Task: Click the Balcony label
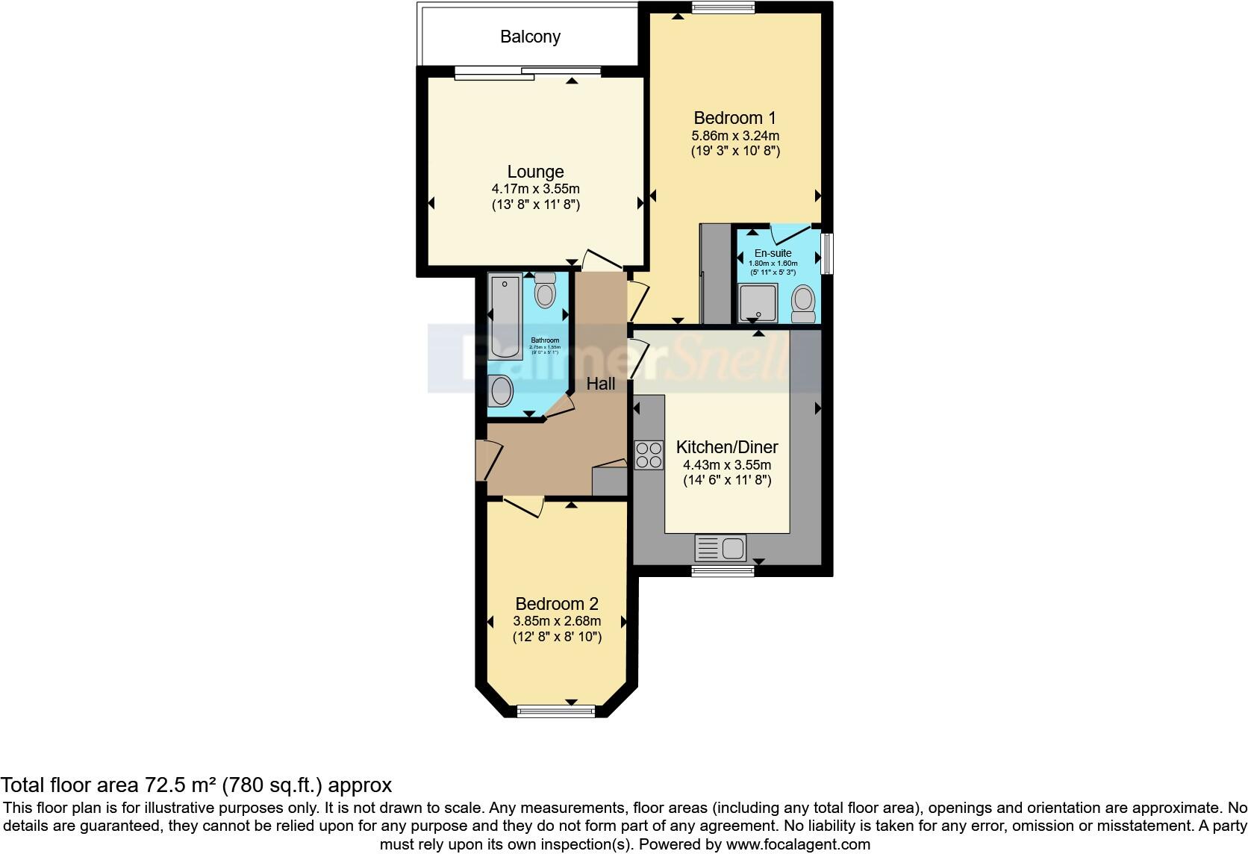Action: point(530,37)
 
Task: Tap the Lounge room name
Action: point(535,172)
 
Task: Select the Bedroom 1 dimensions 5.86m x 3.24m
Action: point(735,136)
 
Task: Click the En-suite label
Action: point(773,253)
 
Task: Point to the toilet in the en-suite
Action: point(804,302)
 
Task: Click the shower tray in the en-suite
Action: point(758,303)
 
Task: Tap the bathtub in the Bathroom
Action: point(505,317)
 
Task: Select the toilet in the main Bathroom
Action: point(546,291)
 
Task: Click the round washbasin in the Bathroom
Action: point(501,390)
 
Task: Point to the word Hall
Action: point(601,384)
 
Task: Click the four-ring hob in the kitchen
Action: point(649,455)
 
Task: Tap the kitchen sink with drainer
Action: point(720,548)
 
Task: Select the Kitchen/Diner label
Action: point(727,447)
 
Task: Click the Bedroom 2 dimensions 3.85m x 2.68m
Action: point(557,621)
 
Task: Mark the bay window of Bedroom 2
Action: point(556,711)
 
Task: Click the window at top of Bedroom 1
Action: point(723,8)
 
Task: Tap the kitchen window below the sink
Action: point(722,571)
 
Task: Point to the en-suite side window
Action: point(827,254)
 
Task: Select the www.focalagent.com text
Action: point(798,844)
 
